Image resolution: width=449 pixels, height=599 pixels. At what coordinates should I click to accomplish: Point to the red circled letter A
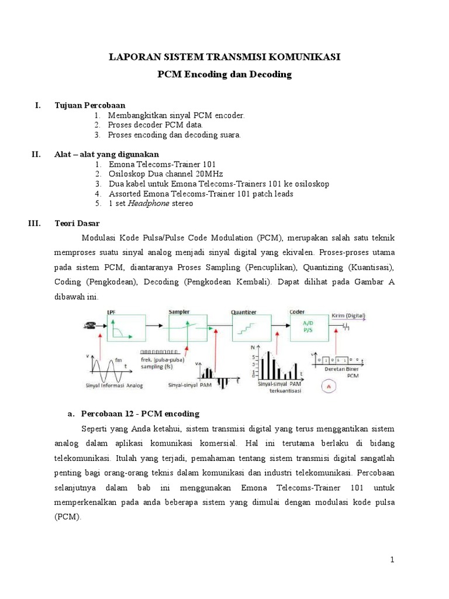tap(329, 386)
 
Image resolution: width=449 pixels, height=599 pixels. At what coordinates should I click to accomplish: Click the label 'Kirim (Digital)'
tap(348, 315)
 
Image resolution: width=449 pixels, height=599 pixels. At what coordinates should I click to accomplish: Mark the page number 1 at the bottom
tap(392, 560)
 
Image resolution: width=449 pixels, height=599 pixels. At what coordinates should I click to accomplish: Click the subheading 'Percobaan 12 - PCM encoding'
tap(141, 414)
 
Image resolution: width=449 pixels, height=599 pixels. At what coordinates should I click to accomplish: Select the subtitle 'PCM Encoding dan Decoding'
tap(224, 75)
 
